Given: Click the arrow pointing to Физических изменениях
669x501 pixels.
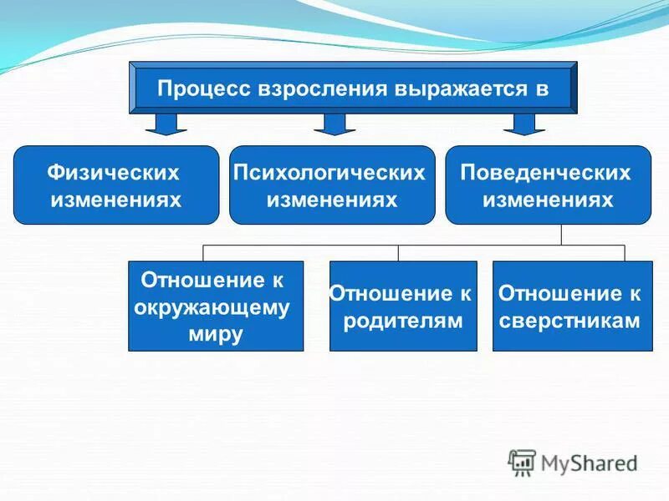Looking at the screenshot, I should point(166,124).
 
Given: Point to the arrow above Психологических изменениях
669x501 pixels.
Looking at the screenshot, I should point(334,124).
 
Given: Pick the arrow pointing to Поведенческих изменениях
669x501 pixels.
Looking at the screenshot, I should point(524,124).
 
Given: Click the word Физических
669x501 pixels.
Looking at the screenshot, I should point(115,173).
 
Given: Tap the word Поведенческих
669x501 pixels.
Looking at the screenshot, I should point(546,173).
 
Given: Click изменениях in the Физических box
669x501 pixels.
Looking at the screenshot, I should point(116,200).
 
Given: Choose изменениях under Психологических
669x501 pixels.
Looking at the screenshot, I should point(331,200).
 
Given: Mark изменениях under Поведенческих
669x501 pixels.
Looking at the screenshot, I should point(548,200).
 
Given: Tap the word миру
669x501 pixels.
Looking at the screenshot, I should point(216,335).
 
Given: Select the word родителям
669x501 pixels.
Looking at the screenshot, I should point(403,321).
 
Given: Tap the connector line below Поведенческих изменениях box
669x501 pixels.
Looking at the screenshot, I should point(561,235).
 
